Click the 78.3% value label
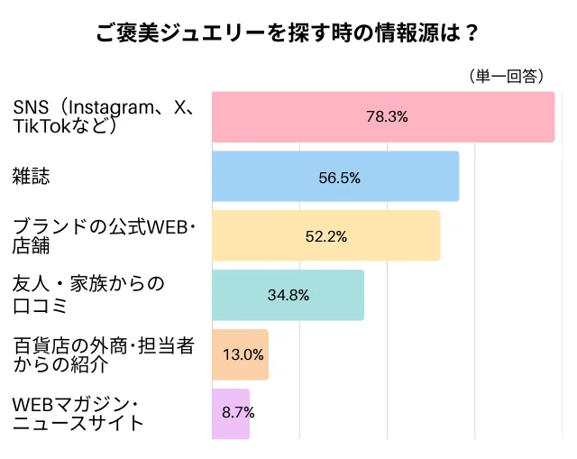388,116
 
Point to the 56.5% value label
339,178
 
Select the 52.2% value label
326,236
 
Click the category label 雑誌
31,177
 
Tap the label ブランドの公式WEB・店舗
104,235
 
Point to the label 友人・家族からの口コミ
88,295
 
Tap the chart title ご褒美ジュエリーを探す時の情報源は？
288,33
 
